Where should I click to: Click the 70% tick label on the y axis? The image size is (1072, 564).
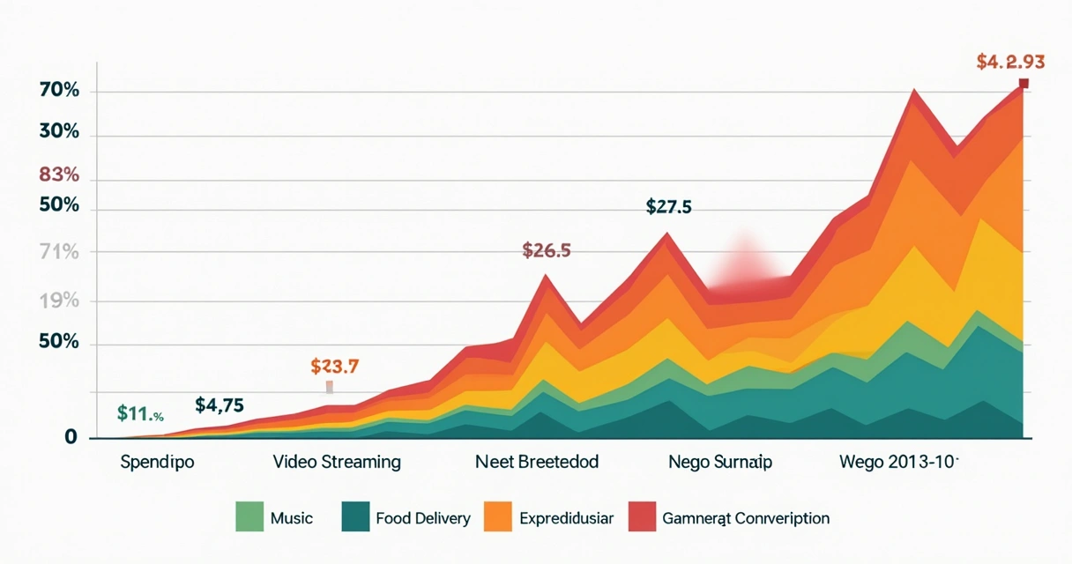(x=60, y=91)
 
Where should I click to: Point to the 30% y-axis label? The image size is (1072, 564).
(x=60, y=133)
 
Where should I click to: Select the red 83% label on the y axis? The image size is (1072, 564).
(x=59, y=174)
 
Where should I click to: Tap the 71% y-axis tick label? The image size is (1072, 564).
(x=60, y=253)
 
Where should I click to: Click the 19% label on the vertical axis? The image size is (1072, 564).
(x=60, y=301)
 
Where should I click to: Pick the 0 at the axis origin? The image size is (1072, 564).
(x=71, y=438)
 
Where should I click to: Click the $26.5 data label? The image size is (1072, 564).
(x=547, y=250)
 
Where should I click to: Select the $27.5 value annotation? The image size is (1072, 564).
(x=669, y=207)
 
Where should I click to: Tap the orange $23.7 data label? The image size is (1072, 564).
(x=335, y=366)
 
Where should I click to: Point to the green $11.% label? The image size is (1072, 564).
(x=140, y=412)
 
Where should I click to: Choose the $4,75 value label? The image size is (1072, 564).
(x=219, y=405)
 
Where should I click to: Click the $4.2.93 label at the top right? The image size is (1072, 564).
(x=1010, y=62)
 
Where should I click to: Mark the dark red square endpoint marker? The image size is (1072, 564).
(x=1024, y=84)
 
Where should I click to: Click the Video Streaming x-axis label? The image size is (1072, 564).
(x=337, y=462)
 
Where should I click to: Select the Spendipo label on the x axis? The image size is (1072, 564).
(x=158, y=462)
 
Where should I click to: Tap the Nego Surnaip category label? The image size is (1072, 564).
(x=720, y=462)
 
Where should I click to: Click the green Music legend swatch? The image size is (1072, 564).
(x=249, y=517)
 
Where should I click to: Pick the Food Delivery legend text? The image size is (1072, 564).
(x=422, y=518)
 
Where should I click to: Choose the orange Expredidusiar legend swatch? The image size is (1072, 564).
(x=498, y=517)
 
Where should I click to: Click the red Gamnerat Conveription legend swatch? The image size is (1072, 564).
(x=642, y=517)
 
